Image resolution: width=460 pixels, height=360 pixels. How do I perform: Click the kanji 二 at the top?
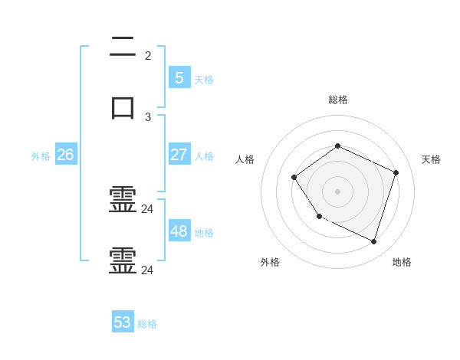pos(123,50)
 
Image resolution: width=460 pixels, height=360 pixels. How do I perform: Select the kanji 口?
pos(123,107)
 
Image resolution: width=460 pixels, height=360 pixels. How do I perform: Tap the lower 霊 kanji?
pos(123,261)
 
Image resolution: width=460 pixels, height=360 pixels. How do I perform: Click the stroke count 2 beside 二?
pos(148,56)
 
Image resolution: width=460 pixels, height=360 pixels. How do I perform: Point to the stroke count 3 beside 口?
pos(148,117)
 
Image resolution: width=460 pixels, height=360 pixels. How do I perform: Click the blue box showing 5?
pos(179,77)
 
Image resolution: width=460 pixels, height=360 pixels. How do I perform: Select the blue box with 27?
pos(179,154)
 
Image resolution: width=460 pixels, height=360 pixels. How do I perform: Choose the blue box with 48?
pos(179,231)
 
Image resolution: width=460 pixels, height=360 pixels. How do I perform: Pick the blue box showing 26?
pos(65,155)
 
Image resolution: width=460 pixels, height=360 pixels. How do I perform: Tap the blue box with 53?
pos(123,322)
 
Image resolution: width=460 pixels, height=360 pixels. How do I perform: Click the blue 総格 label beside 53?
pos(147,324)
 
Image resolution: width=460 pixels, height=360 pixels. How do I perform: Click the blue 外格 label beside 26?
pos(41,156)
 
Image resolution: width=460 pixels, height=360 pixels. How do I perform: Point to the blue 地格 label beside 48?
pos(204,233)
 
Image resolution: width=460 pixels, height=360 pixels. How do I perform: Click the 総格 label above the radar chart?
pos(338,100)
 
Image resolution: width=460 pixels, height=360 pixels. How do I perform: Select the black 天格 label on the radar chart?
pos(431,159)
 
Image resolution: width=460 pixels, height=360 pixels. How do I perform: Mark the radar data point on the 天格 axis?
pos(396,172)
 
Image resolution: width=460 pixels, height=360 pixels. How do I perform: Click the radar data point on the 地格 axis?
pos(374,242)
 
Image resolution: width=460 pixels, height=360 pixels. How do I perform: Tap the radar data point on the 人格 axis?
pos(294,178)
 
